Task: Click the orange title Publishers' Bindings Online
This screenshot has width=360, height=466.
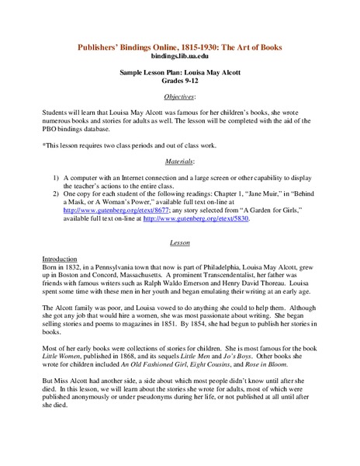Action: [x=179, y=47]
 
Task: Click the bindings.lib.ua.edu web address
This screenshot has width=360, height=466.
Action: [x=179, y=57]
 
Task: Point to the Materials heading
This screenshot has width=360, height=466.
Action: [x=179, y=161]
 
